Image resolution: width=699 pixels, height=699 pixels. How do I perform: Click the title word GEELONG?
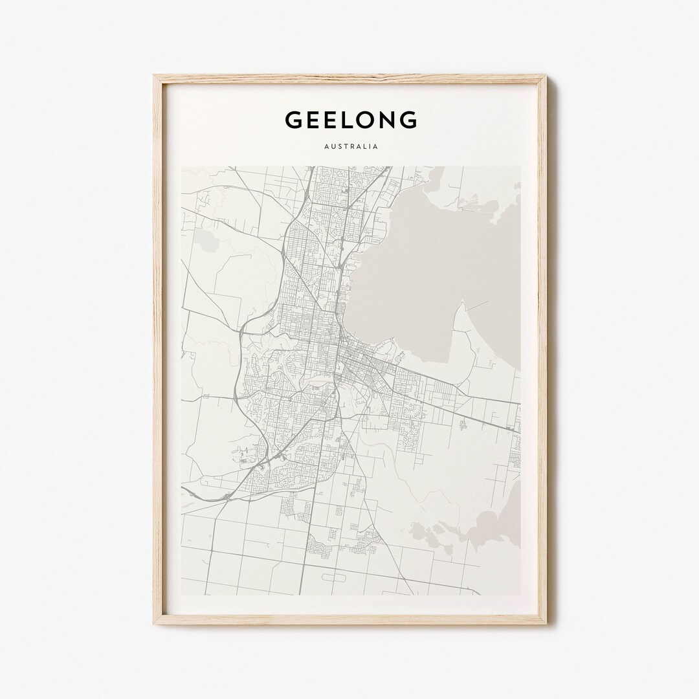click(350, 120)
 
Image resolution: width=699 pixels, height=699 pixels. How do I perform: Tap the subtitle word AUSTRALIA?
click(350, 147)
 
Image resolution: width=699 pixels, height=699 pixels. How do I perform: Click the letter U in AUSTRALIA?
click(330, 147)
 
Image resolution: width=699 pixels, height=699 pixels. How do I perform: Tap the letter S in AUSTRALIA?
click(337, 147)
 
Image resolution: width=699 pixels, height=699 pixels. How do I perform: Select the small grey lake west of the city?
click(208, 241)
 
